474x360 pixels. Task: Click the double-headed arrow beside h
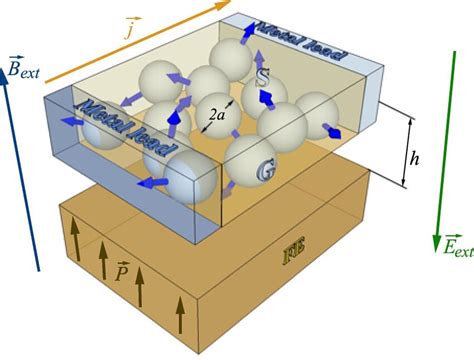[x=404, y=150]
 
